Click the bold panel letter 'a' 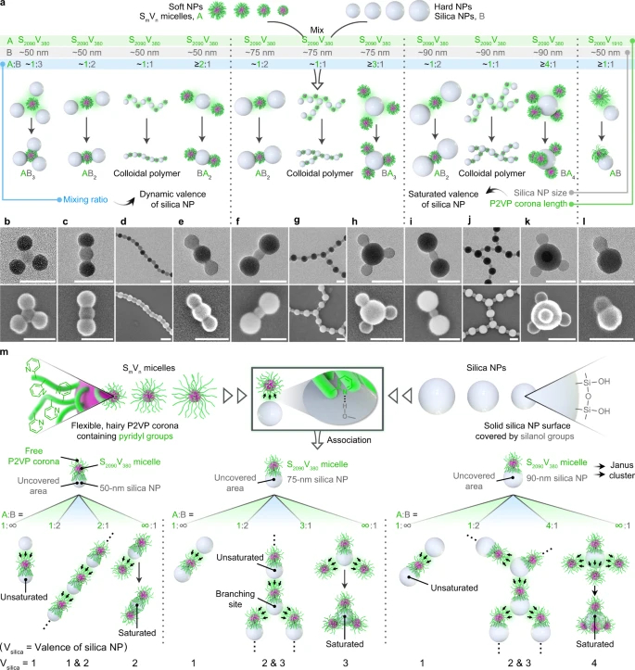coord(5,6)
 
